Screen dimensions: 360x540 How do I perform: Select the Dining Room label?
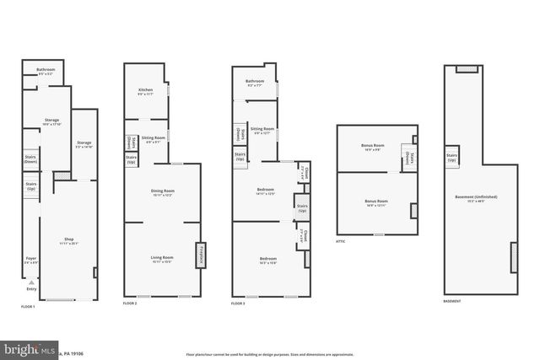[x=161, y=193]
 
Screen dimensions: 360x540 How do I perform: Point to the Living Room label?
[x=161, y=260]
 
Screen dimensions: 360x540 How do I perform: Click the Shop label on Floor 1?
[x=69, y=241]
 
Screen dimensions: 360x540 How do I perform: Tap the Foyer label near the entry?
[x=30, y=260]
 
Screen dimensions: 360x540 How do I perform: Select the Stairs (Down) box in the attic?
[x=408, y=158]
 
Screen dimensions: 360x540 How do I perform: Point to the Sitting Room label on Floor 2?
[x=153, y=139]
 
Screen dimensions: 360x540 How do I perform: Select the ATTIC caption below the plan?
[x=342, y=240]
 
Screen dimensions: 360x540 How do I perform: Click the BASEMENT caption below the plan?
[x=452, y=301]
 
